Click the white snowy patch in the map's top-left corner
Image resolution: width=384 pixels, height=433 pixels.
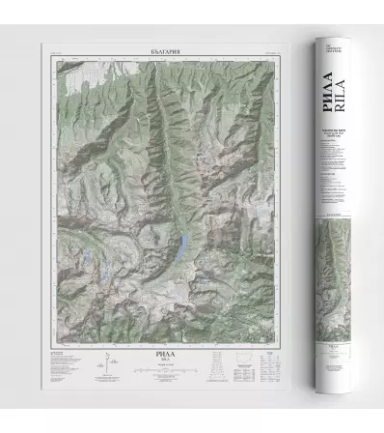click(x=58, y=68)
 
